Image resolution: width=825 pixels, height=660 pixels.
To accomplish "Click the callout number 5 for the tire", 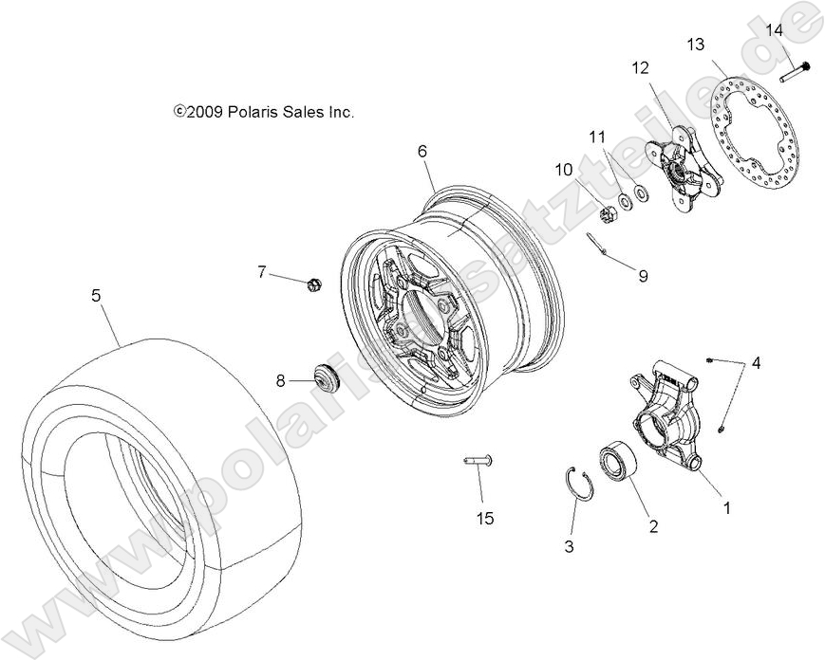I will pyautogui.click(x=96, y=296).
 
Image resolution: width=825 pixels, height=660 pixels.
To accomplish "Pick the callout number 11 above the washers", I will pyautogui.click(x=596, y=137).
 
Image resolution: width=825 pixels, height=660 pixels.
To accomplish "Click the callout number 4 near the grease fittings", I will pyautogui.click(x=756, y=363).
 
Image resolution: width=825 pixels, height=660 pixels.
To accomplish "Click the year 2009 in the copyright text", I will pyautogui.click(x=204, y=112).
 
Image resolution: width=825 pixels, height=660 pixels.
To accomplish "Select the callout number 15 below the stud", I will pyautogui.click(x=485, y=519).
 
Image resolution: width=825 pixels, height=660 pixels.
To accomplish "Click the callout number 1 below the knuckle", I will pyautogui.click(x=727, y=507).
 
